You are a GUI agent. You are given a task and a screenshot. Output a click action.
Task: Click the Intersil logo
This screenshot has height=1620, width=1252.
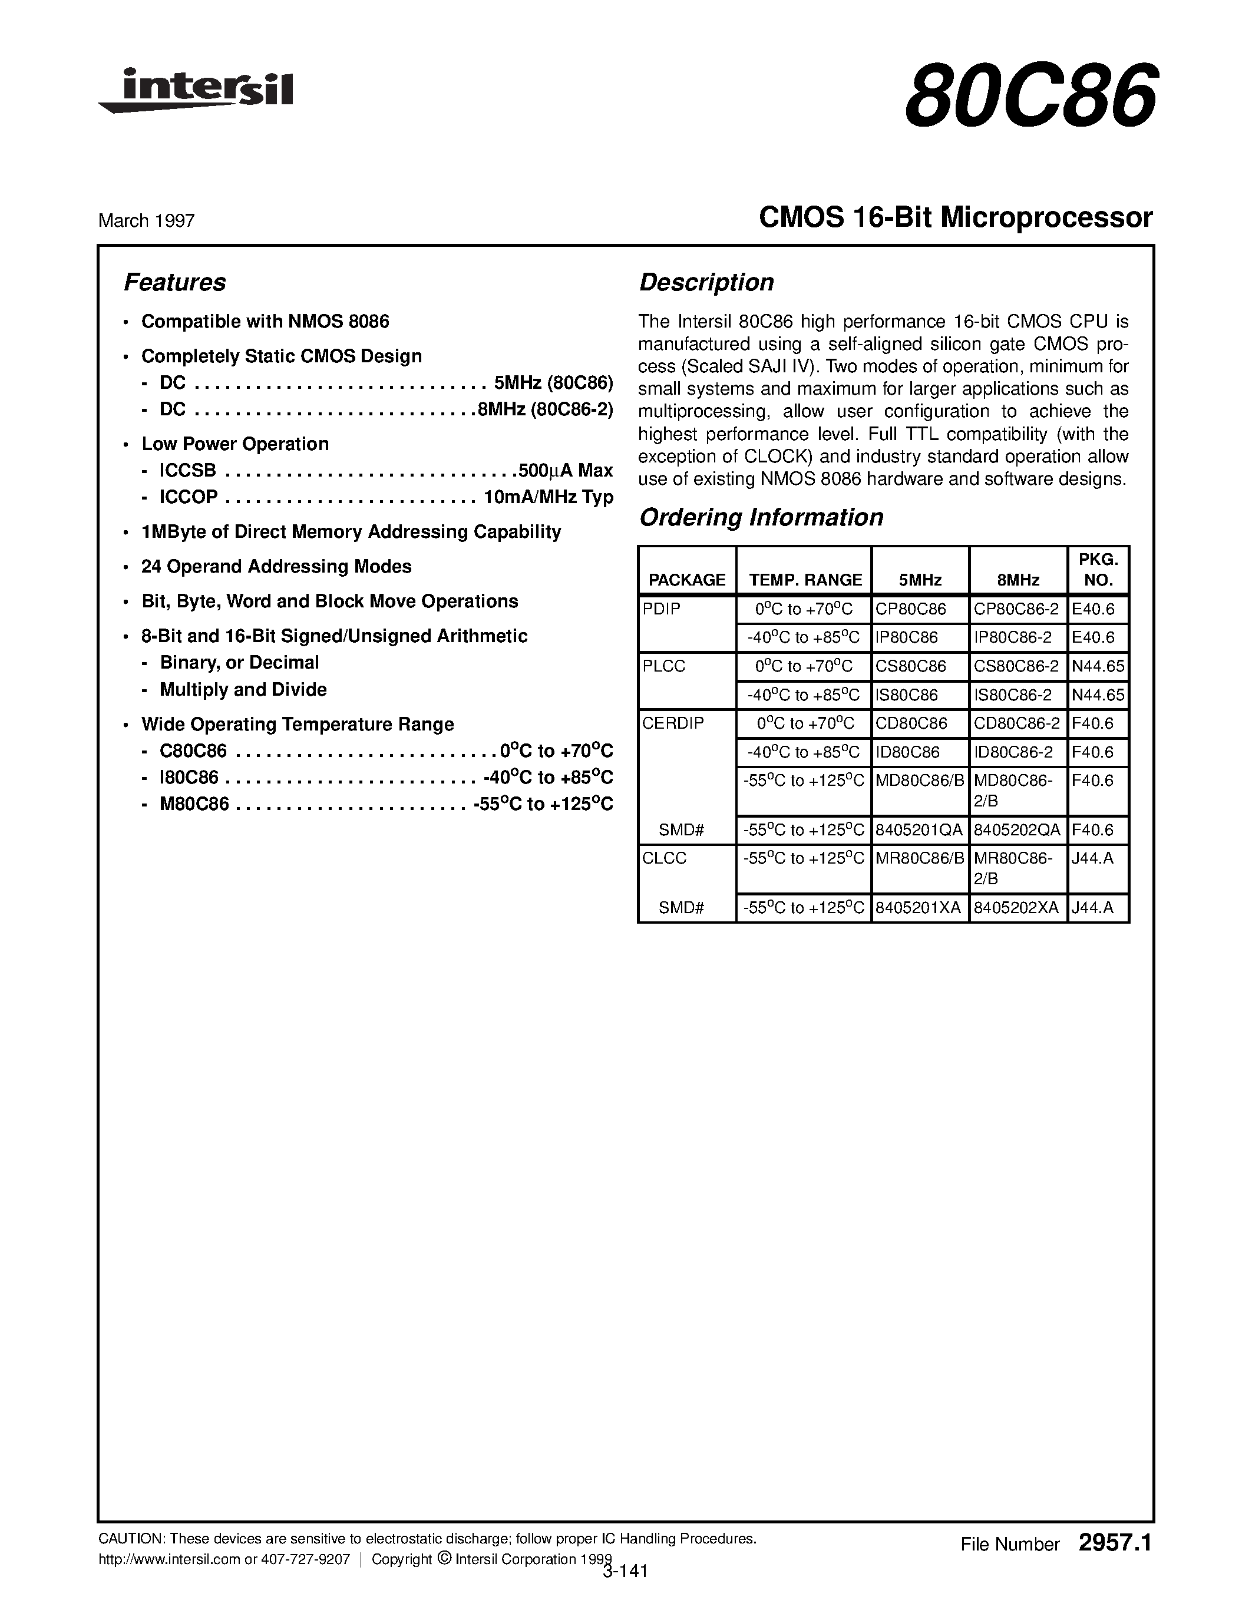[x=197, y=91]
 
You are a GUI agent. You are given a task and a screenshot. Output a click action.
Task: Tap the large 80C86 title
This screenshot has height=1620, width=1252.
[x=1029, y=95]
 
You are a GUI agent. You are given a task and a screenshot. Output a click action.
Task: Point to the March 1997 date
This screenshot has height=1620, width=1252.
[x=146, y=220]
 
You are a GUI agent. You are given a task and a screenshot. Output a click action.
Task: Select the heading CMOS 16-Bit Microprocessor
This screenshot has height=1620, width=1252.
[x=955, y=217]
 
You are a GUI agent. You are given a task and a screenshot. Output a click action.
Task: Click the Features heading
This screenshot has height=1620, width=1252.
[x=174, y=283]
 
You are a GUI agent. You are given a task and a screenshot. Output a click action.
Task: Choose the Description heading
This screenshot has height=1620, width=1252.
[x=706, y=283]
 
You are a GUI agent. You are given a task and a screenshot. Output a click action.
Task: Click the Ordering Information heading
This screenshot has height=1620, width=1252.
[x=761, y=517]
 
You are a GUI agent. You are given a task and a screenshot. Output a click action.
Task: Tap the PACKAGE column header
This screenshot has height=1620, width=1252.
[x=687, y=580]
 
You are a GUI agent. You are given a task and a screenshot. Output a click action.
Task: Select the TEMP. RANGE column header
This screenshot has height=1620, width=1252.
[x=805, y=580]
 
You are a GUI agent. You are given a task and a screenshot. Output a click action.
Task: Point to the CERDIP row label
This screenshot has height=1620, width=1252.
[x=673, y=723]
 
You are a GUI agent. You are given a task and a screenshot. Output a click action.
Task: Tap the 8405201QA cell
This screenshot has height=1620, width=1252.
[x=919, y=830]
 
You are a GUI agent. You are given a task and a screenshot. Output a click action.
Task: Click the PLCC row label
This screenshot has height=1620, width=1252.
[x=664, y=666]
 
